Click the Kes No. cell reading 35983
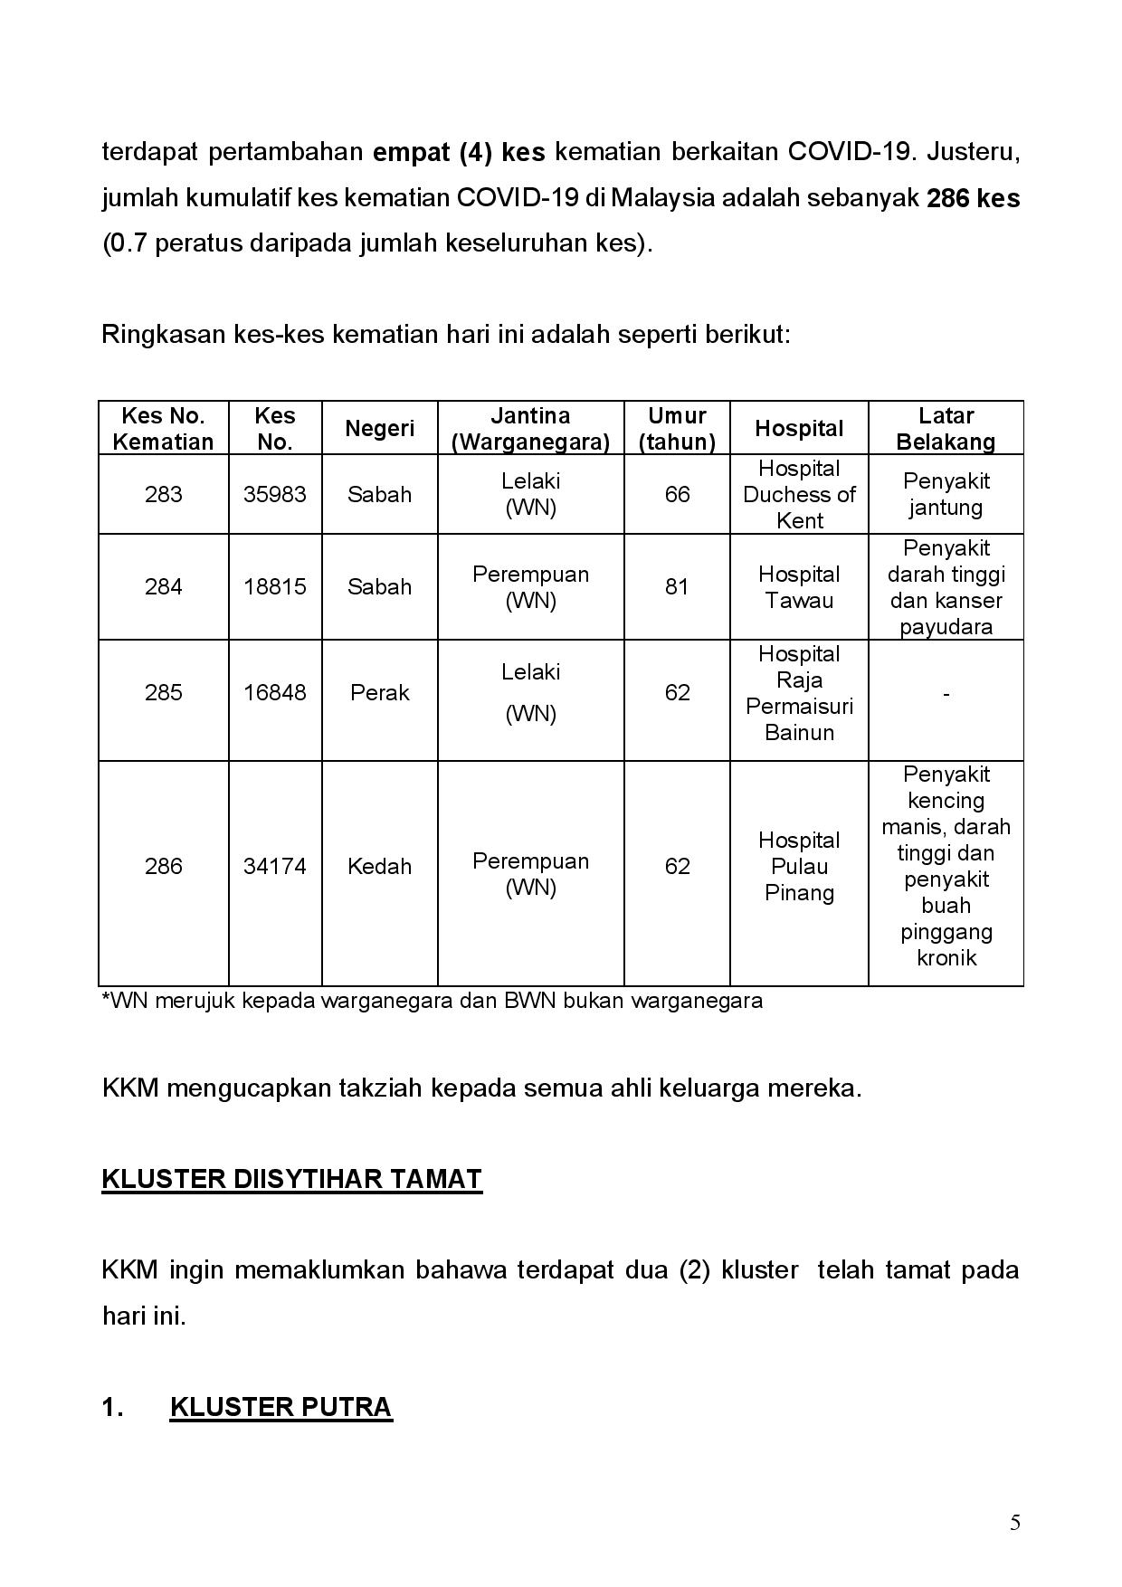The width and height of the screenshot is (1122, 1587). click(274, 494)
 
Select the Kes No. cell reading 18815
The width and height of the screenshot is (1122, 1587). click(274, 586)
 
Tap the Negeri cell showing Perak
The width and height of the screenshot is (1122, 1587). click(379, 692)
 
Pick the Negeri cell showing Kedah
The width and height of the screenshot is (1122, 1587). click(379, 866)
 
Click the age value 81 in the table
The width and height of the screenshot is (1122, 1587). click(677, 586)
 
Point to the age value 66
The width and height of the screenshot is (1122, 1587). click(677, 494)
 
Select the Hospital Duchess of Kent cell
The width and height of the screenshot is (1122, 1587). click(799, 494)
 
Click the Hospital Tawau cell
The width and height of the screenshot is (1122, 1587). click(799, 586)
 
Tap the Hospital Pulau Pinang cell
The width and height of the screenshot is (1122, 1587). click(799, 866)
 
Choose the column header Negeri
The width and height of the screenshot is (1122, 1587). click(379, 428)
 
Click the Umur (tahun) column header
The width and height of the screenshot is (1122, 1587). click(677, 428)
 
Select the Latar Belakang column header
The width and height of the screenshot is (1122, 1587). click(946, 428)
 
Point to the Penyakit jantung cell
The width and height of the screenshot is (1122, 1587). click(946, 494)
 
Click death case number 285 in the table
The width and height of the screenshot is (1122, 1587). click(163, 692)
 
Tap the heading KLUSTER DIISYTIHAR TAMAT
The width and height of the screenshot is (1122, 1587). click(291, 1179)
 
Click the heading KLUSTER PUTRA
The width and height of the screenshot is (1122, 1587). click(280, 1407)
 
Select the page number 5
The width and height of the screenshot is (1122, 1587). click(1015, 1523)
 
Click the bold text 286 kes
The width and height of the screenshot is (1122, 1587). click(973, 198)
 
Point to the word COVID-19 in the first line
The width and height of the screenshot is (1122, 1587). click(848, 151)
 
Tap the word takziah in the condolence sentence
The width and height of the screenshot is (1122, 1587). click(380, 1088)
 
